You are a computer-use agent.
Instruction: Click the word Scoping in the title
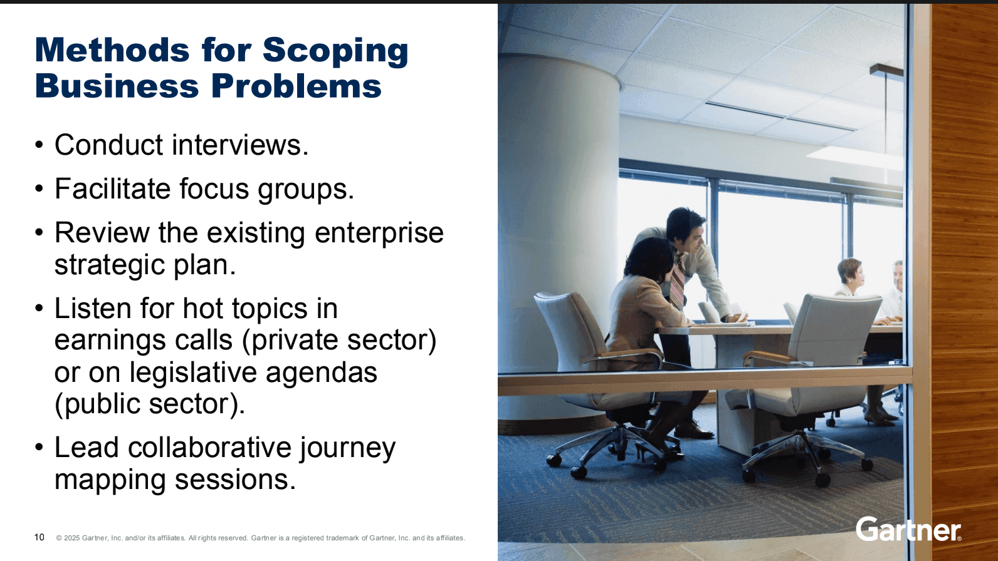pos(335,51)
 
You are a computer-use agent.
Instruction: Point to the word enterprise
pos(379,233)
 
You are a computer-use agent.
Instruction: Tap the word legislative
pos(193,373)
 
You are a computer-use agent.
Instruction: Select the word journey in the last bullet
pos(347,448)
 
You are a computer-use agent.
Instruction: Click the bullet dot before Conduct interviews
pos(39,146)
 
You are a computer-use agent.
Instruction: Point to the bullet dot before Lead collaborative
pos(39,448)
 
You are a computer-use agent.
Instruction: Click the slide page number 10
pos(39,537)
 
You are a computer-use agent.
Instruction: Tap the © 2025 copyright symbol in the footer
pos(59,538)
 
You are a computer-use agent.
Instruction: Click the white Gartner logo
pos(908,530)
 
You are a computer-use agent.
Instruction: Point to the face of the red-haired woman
pos(854,272)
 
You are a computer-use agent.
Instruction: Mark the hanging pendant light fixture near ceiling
pos(886,70)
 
